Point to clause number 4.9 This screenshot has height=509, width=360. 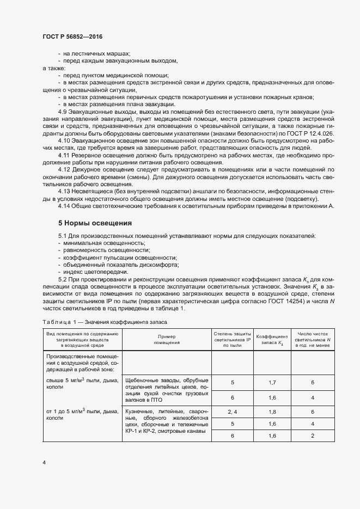pos(64,110)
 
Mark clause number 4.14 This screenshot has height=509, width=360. pos(65,206)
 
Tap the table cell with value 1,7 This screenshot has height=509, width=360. pos(272,383)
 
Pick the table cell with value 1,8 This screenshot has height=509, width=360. pos(272,412)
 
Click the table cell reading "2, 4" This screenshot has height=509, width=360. pos(233,412)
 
